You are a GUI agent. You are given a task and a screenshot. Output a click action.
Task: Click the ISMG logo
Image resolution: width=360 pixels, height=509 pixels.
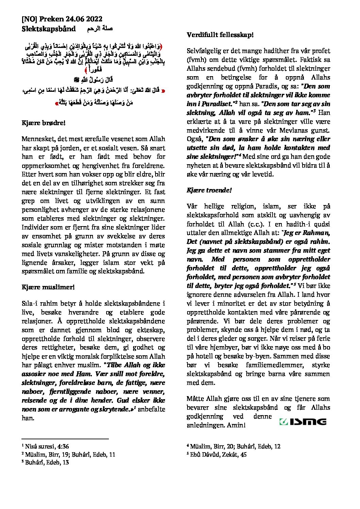tap(302, 422)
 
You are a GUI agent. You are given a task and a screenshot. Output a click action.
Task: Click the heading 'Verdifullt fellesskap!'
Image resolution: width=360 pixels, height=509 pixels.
tap(220, 35)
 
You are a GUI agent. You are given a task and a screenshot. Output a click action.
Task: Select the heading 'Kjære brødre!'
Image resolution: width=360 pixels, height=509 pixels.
tap(43, 123)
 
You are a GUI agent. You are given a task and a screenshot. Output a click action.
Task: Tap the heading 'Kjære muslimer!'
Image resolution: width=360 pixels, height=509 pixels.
tap(48, 287)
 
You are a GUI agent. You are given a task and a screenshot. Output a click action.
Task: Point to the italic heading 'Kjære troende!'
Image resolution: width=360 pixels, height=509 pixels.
tap(209, 190)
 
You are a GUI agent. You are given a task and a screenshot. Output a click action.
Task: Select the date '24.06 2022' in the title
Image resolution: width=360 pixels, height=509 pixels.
tap(84, 19)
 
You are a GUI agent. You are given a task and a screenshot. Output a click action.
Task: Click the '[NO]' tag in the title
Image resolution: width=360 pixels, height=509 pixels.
tap(29, 19)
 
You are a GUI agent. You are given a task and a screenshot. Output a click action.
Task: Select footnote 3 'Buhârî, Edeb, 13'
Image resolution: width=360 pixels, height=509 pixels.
tap(47, 462)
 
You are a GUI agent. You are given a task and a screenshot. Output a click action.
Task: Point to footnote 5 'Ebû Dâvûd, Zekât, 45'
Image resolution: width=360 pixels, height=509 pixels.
tap(218, 454)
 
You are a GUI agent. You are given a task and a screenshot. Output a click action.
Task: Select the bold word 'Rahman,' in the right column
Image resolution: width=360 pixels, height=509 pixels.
tap(318, 233)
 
